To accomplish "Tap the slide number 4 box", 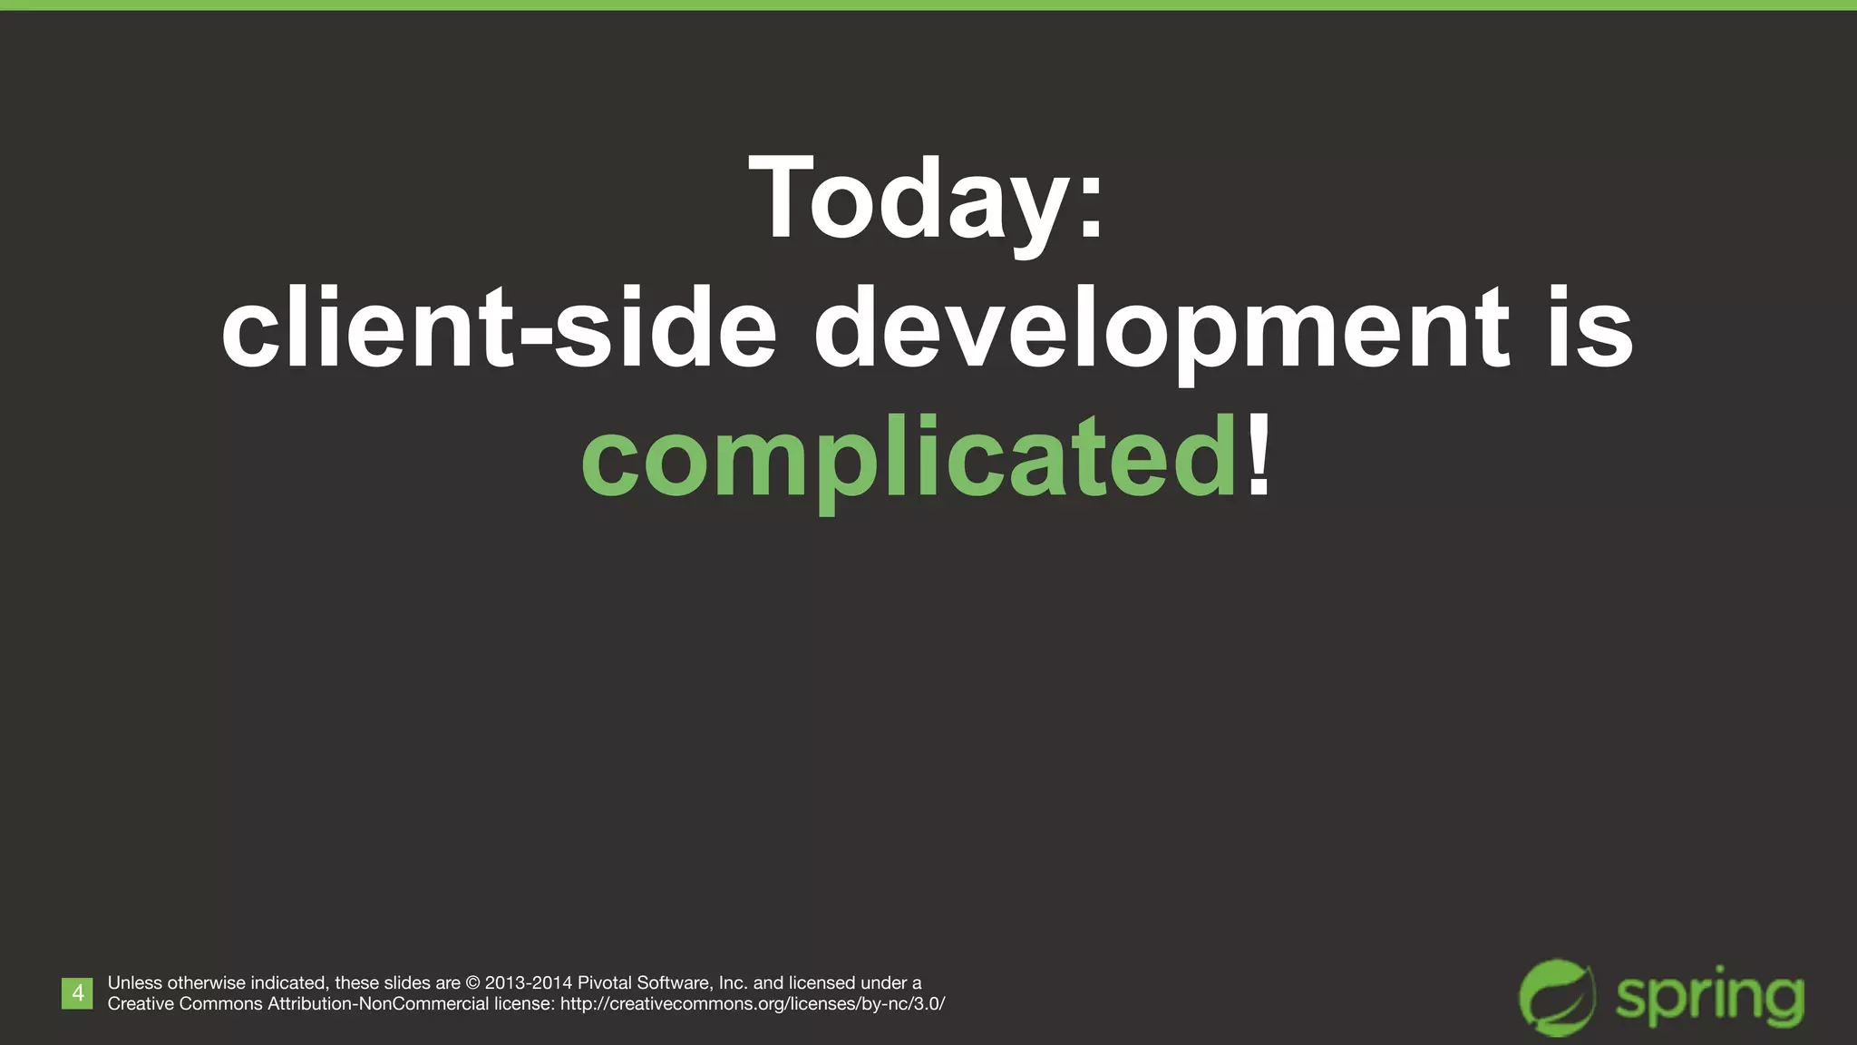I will tap(77, 993).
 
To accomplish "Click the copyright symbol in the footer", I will tap(472, 983).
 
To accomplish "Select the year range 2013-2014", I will tap(529, 983).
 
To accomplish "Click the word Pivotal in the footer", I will tap(605, 983).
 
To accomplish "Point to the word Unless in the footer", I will tap(135, 983).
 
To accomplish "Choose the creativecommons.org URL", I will tap(753, 1004).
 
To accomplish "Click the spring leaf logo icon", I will tap(1557, 997).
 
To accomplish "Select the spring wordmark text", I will tap(1709, 1000).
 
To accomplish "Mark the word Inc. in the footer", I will tap(733, 983).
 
